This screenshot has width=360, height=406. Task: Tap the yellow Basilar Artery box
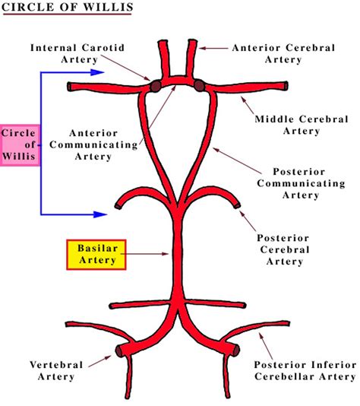pos(96,254)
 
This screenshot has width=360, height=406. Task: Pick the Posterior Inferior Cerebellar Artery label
pos(304,370)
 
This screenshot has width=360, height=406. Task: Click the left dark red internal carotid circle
pos(155,86)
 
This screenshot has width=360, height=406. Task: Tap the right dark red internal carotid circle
pos(199,84)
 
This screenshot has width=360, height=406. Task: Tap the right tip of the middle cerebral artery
pos(286,86)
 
